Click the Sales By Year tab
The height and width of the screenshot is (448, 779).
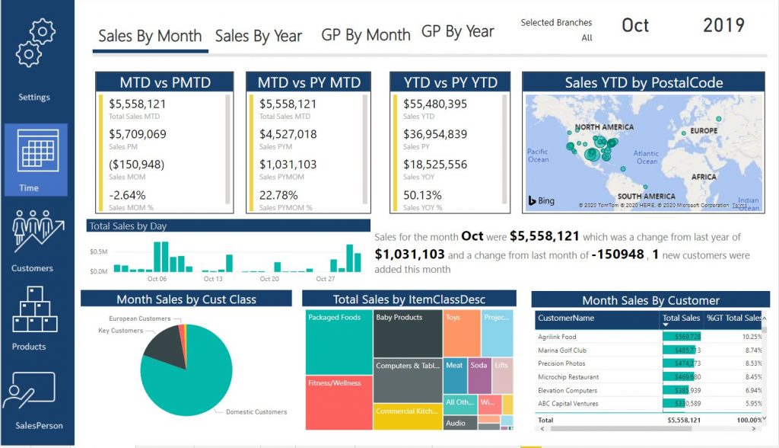(258, 36)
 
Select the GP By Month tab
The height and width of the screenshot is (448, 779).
(365, 35)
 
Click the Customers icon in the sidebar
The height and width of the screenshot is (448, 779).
(33, 233)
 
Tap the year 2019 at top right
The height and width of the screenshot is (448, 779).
(723, 25)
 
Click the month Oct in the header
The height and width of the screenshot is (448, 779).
(635, 25)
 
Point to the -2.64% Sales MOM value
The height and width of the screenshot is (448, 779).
(127, 194)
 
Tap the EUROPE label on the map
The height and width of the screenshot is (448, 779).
(704, 131)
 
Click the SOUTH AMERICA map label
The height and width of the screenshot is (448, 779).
(646, 197)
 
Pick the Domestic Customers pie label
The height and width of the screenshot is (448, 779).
(256, 412)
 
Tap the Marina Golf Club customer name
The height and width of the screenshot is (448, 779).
(561, 350)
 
